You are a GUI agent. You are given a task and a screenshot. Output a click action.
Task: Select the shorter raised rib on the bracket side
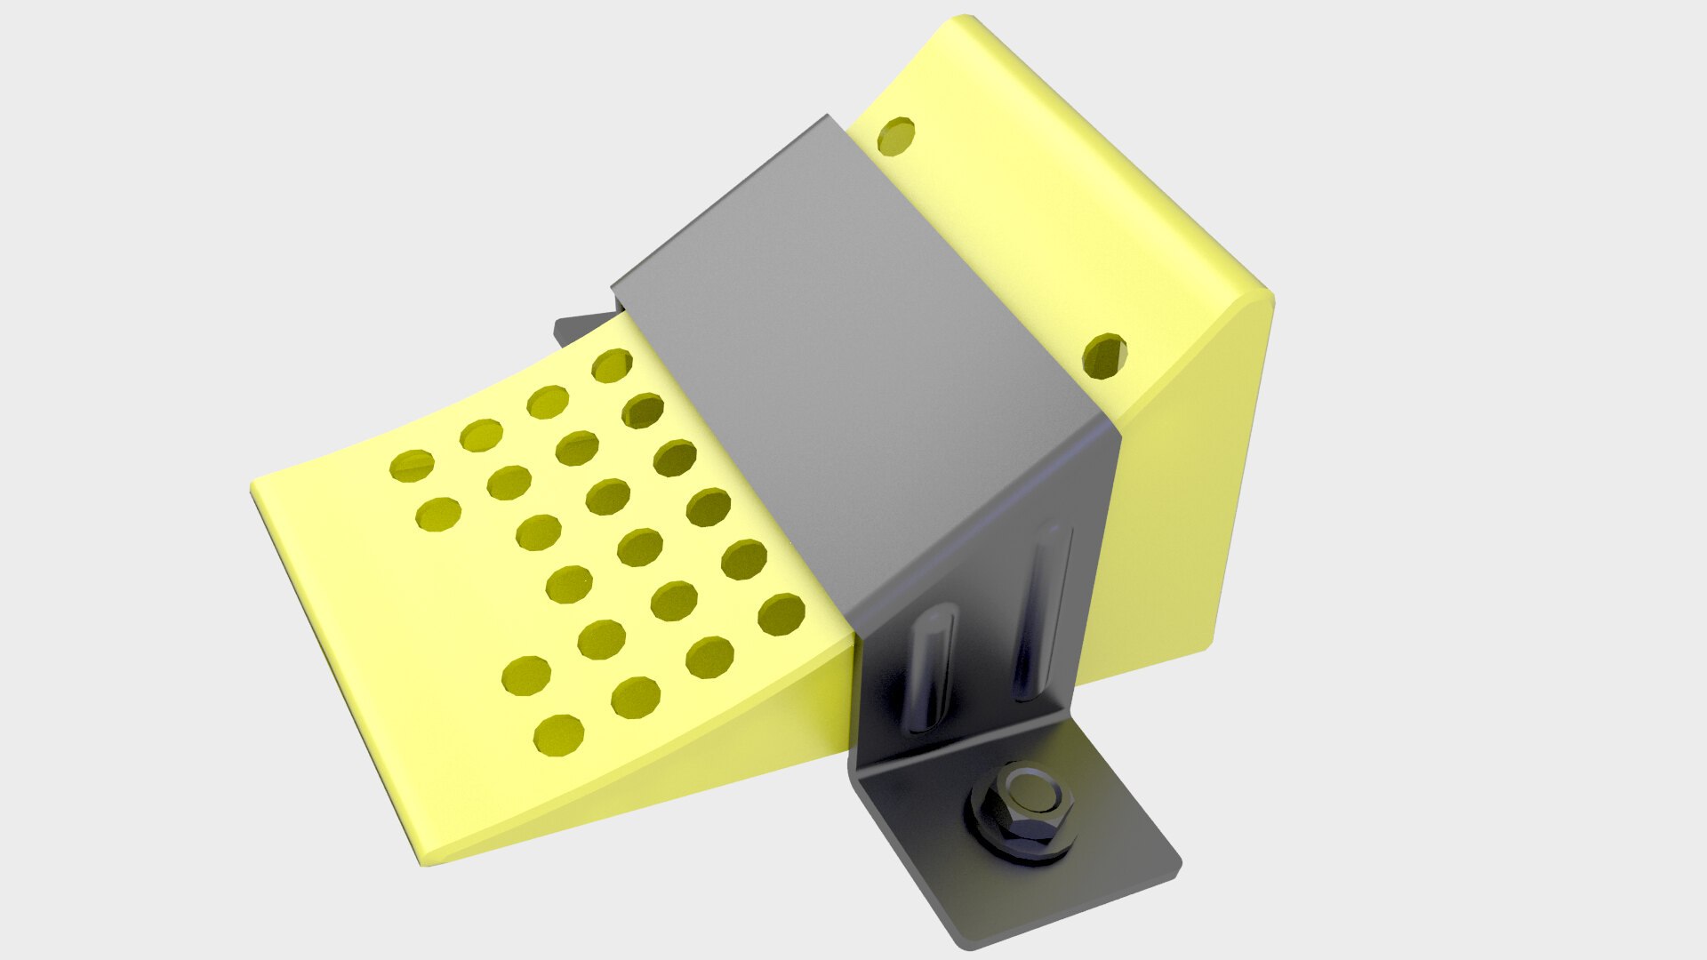point(928,667)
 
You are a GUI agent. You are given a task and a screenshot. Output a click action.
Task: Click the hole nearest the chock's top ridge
point(895,135)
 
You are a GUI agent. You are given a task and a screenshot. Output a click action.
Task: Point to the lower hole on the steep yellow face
point(1104,356)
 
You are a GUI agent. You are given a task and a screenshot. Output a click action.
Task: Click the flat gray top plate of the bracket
point(853,356)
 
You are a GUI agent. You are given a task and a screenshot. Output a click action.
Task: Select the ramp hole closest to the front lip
point(412,465)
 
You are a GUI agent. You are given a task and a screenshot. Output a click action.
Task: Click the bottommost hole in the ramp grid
point(558,735)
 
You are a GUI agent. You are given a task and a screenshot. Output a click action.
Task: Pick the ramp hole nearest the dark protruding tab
point(612,365)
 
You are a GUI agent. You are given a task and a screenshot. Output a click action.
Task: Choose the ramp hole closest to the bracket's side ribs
point(781,614)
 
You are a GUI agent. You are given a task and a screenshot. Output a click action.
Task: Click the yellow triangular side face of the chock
point(1182,498)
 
